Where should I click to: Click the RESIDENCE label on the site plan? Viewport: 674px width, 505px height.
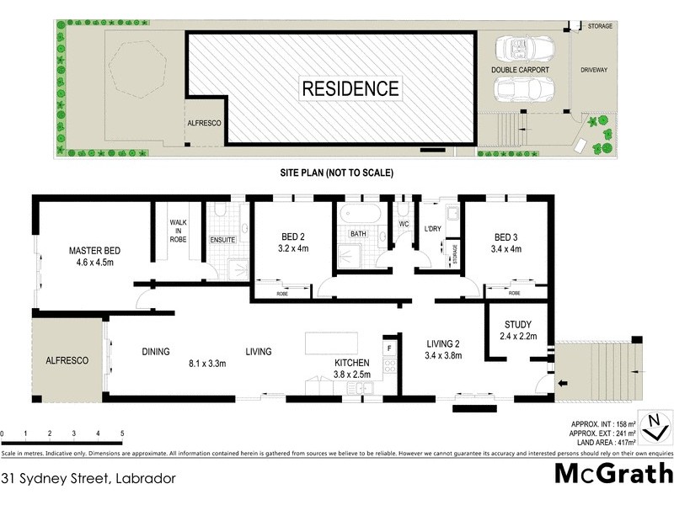pos(350,88)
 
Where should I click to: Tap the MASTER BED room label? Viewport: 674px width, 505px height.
pos(97,250)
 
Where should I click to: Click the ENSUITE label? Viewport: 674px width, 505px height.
pos(223,240)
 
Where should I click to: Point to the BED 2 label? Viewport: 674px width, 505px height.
pos(293,237)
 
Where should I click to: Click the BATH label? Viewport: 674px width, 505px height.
pos(358,234)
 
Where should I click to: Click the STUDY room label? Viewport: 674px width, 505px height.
pos(517,325)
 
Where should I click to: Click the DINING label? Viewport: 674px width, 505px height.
pos(156,352)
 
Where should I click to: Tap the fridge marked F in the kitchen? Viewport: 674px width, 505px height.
pos(388,347)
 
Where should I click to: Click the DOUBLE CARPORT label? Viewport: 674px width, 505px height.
pos(521,71)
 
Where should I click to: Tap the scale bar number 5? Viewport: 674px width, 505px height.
pos(122,433)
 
